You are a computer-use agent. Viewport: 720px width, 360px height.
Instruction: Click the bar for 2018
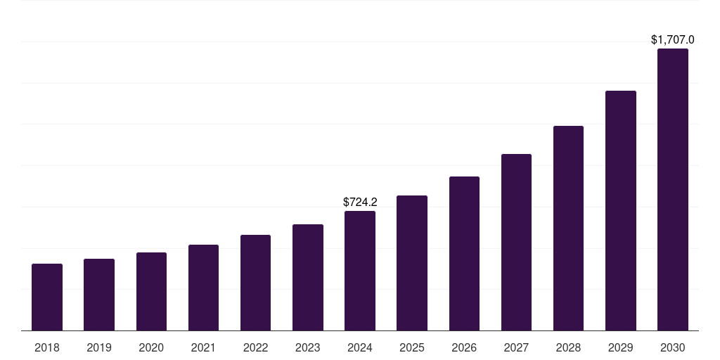click(x=47, y=297)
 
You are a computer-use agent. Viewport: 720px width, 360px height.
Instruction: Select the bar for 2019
click(x=99, y=295)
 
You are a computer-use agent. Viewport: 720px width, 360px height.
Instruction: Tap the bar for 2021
click(x=203, y=288)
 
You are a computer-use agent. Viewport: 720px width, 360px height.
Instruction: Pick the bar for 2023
click(x=308, y=277)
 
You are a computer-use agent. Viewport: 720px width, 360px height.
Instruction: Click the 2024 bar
click(x=360, y=271)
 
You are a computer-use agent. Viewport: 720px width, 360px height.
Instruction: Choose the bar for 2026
click(x=464, y=253)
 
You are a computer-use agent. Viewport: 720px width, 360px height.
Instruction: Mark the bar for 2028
click(x=568, y=228)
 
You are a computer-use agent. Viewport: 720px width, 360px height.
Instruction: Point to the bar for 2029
click(x=621, y=210)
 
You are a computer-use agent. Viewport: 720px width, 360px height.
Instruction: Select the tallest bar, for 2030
click(x=673, y=189)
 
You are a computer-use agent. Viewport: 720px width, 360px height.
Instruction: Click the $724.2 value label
click(x=360, y=202)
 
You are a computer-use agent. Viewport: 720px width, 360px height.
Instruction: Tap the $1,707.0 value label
click(x=673, y=40)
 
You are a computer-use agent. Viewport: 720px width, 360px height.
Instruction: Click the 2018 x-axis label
click(x=47, y=347)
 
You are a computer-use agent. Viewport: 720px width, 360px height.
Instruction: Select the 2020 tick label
click(x=151, y=347)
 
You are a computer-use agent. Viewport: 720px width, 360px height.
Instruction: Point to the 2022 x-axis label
click(x=255, y=347)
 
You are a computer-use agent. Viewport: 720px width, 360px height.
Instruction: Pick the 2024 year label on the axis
click(x=360, y=347)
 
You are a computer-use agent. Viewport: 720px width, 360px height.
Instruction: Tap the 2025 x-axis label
click(x=412, y=347)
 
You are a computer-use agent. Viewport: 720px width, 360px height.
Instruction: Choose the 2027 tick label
click(x=516, y=347)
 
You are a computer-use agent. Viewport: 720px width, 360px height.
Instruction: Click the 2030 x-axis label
click(x=673, y=347)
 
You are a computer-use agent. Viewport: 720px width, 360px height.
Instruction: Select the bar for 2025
click(x=412, y=263)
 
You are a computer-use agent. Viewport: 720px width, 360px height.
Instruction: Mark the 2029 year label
click(x=621, y=347)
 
